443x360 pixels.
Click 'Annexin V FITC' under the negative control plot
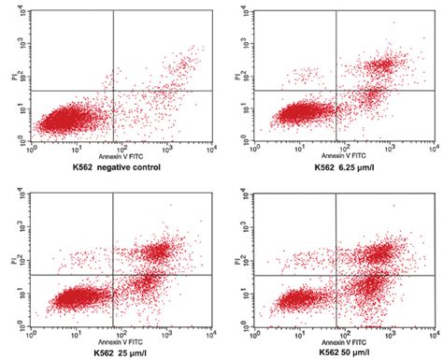click(x=114, y=153)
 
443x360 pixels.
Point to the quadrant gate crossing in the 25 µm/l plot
click(x=114, y=275)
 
